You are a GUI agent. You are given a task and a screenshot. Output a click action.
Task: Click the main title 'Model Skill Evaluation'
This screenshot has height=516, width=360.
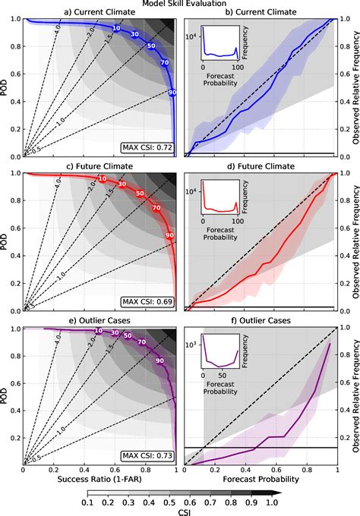[x=180, y=4]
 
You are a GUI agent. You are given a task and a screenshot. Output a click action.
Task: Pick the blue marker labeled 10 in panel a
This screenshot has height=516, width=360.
[x=116, y=28]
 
